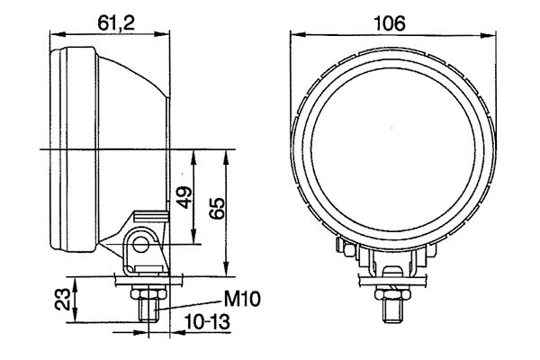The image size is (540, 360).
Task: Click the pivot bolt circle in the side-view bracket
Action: [x=140, y=243]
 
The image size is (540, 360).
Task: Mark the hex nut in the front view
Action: [x=393, y=292]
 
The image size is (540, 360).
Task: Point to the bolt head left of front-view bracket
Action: [x=342, y=244]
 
